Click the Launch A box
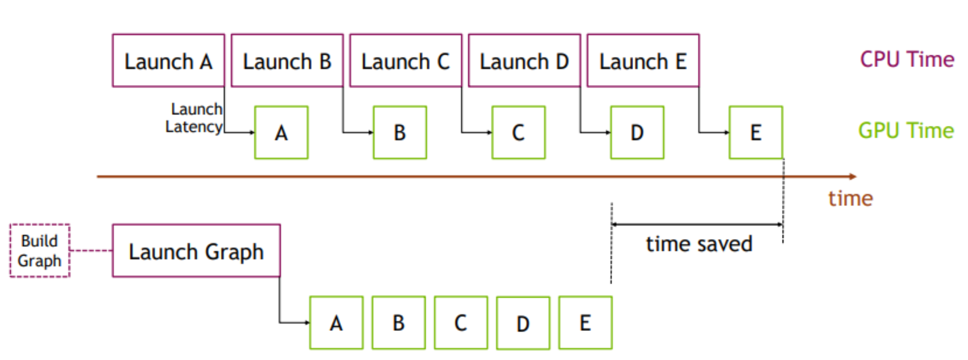click(x=168, y=61)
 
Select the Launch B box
click(x=287, y=61)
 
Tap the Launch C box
click(x=405, y=61)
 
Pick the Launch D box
click(x=524, y=61)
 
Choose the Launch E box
click(x=643, y=61)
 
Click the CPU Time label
click(x=907, y=59)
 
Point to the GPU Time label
click(x=906, y=131)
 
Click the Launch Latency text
click(x=195, y=118)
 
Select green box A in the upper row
click(x=282, y=133)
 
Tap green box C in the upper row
click(x=519, y=133)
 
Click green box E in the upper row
click(x=756, y=133)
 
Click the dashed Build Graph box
click(x=40, y=250)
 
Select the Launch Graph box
click(x=196, y=251)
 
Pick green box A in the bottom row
click(x=336, y=323)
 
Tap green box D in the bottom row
click(x=523, y=323)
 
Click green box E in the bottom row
click(x=585, y=323)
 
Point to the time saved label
click(x=699, y=244)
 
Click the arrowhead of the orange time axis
click(x=853, y=177)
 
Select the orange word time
click(x=850, y=198)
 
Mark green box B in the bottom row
click(x=399, y=323)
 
